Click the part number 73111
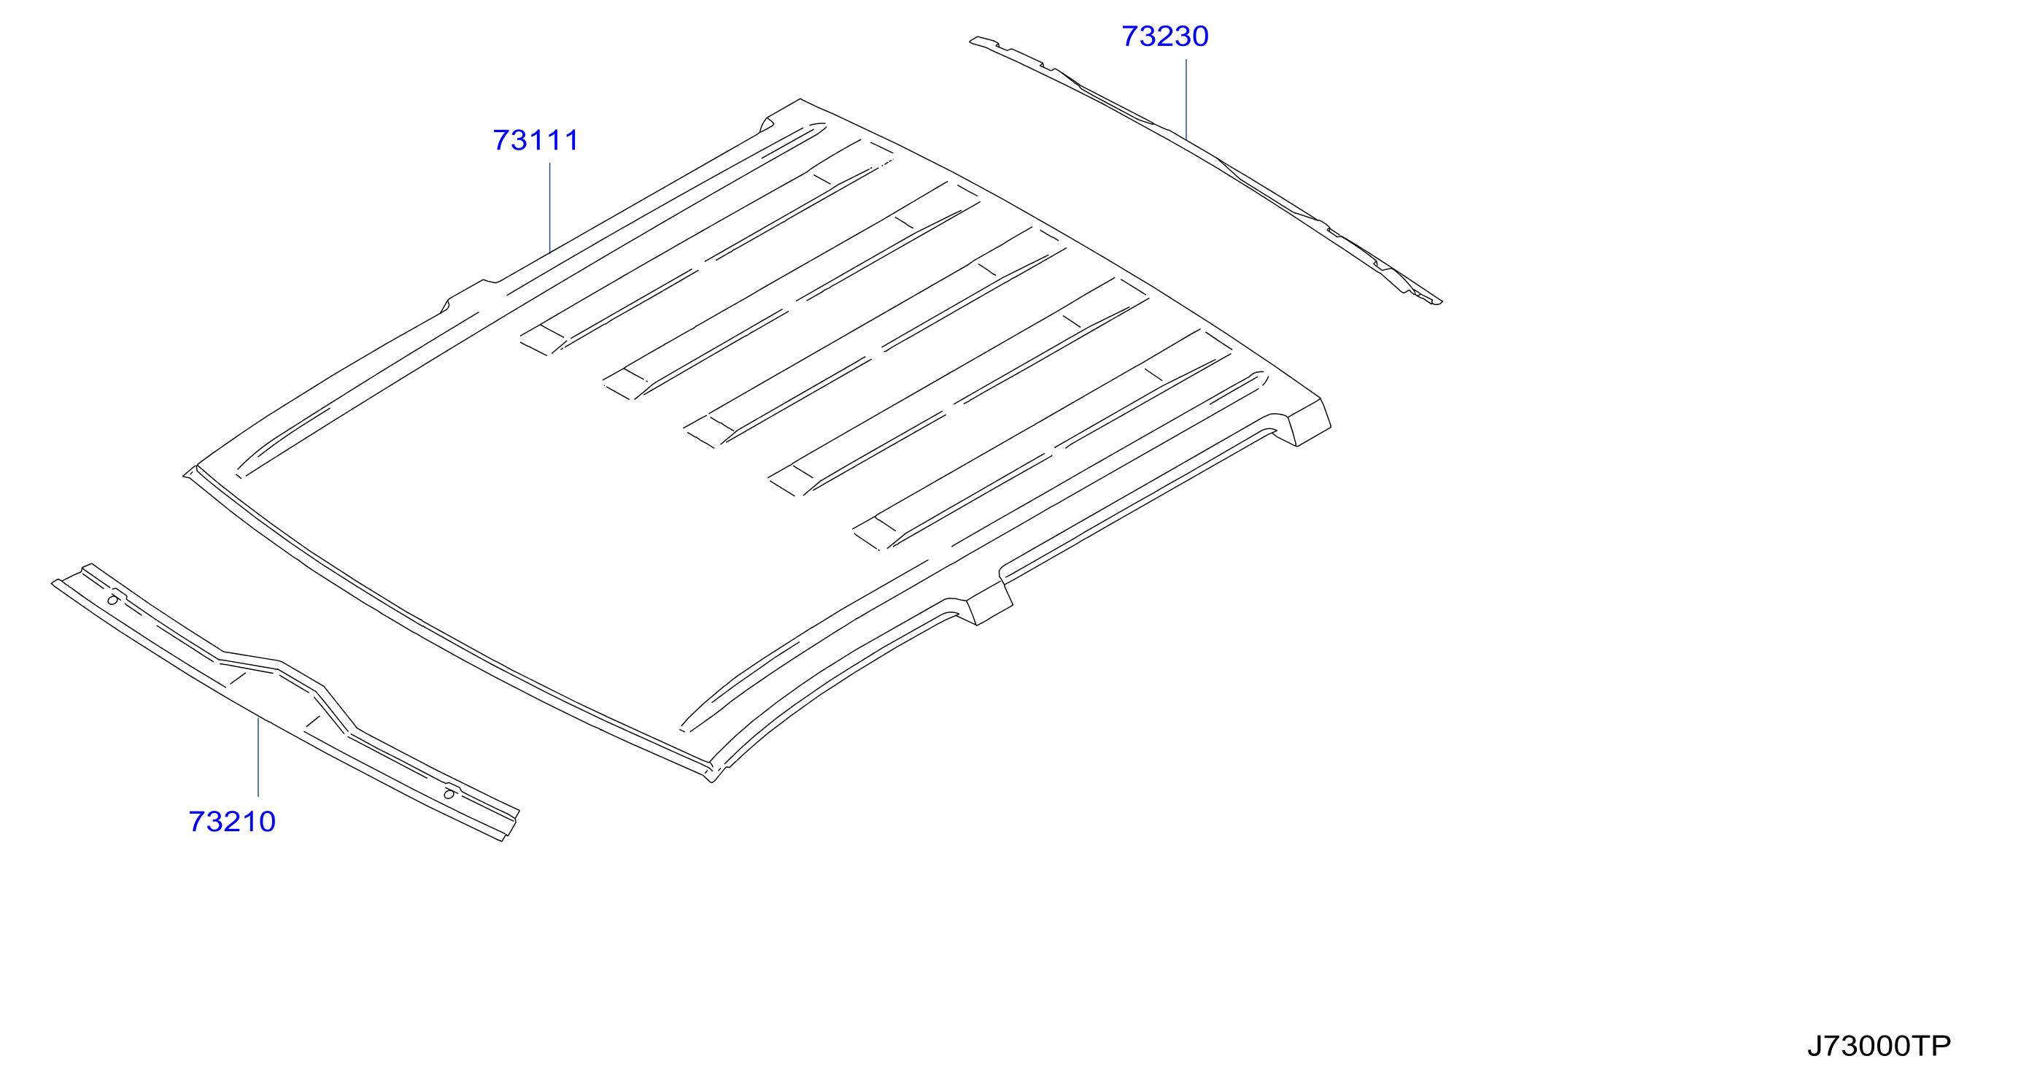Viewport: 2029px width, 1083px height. tap(536, 140)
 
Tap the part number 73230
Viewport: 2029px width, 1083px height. tap(1165, 36)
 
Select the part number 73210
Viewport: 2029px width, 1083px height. tap(232, 822)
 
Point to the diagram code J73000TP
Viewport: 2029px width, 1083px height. tap(1879, 1046)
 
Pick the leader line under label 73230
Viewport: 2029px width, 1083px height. tap(1186, 99)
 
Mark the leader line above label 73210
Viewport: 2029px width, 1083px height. tap(258, 757)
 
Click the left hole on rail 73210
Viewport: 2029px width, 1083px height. tap(112, 600)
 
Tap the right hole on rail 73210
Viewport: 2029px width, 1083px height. tap(449, 794)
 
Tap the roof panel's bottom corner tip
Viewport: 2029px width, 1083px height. tap(712, 779)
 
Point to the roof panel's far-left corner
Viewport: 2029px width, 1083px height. tap(185, 475)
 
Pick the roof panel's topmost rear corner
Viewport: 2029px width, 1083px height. tap(800, 99)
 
